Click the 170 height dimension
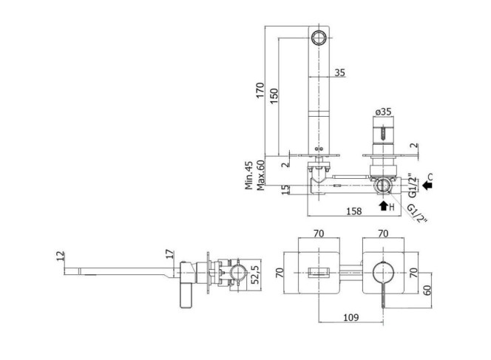coord(260,90)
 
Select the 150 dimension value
coord(274,96)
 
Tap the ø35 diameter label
coord(383,112)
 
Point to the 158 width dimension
coord(354,211)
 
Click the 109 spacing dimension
coord(351,317)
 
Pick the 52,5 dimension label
coord(255,274)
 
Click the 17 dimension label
coord(169,254)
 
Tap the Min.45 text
coord(248,175)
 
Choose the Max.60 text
coord(260,175)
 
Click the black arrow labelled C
coord(427,186)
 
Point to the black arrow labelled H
coord(384,206)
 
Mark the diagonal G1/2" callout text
coord(417,213)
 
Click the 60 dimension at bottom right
coord(427,291)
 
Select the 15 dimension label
coord(285,190)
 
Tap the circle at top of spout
coord(319,38)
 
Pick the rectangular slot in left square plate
coord(319,273)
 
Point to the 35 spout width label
coord(339,72)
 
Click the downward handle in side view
coord(186,296)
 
